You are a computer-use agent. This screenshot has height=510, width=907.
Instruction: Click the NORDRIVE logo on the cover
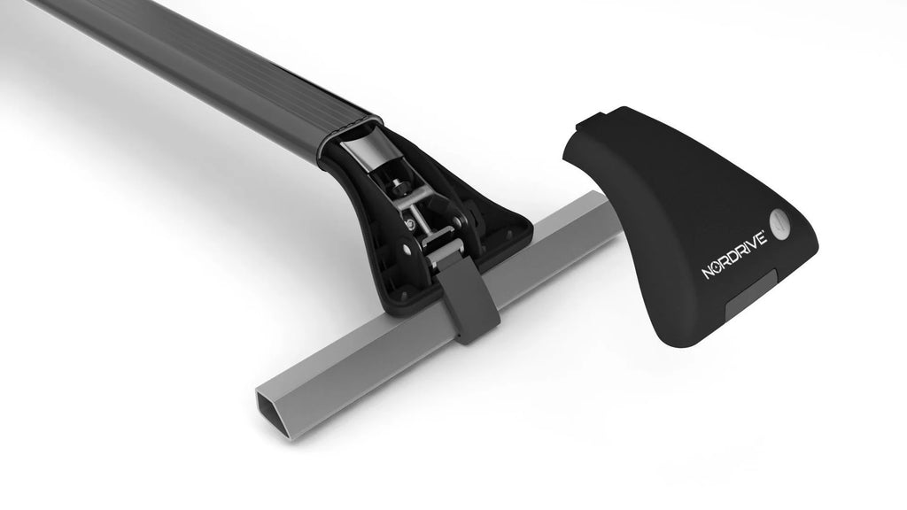point(734,259)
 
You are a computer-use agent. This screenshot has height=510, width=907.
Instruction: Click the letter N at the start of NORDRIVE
point(709,274)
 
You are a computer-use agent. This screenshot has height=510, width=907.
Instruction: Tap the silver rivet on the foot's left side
point(411,223)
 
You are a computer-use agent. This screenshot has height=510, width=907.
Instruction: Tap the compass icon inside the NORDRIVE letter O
point(720,267)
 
